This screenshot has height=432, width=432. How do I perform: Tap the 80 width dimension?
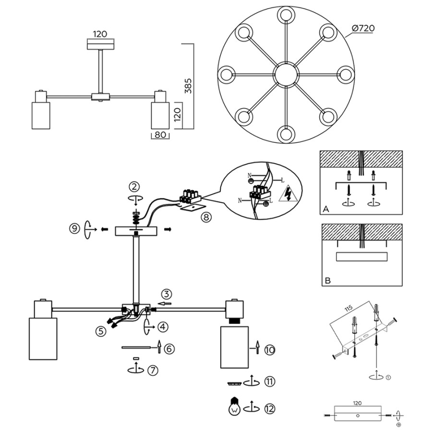click(x=160, y=135)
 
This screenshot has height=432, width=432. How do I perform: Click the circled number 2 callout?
click(x=134, y=186)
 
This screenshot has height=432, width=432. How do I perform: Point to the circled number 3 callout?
click(x=166, y=294)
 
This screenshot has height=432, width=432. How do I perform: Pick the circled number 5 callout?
click(x=100, y=331)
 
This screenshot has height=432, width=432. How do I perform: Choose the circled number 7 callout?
click(x=152, y=370)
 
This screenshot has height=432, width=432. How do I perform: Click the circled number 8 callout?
click(x=206, y=217)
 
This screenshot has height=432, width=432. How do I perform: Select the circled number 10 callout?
click(x=269, y=351)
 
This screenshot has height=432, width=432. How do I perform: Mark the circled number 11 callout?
click(x=269, y=382)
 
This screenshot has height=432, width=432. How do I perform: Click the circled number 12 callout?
click(x=269, y=408)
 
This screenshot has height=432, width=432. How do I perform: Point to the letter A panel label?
click(x=325, y=210)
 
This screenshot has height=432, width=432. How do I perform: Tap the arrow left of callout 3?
click(x=164, y=304)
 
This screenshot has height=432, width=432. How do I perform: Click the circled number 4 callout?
click(x=163, y=327)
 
